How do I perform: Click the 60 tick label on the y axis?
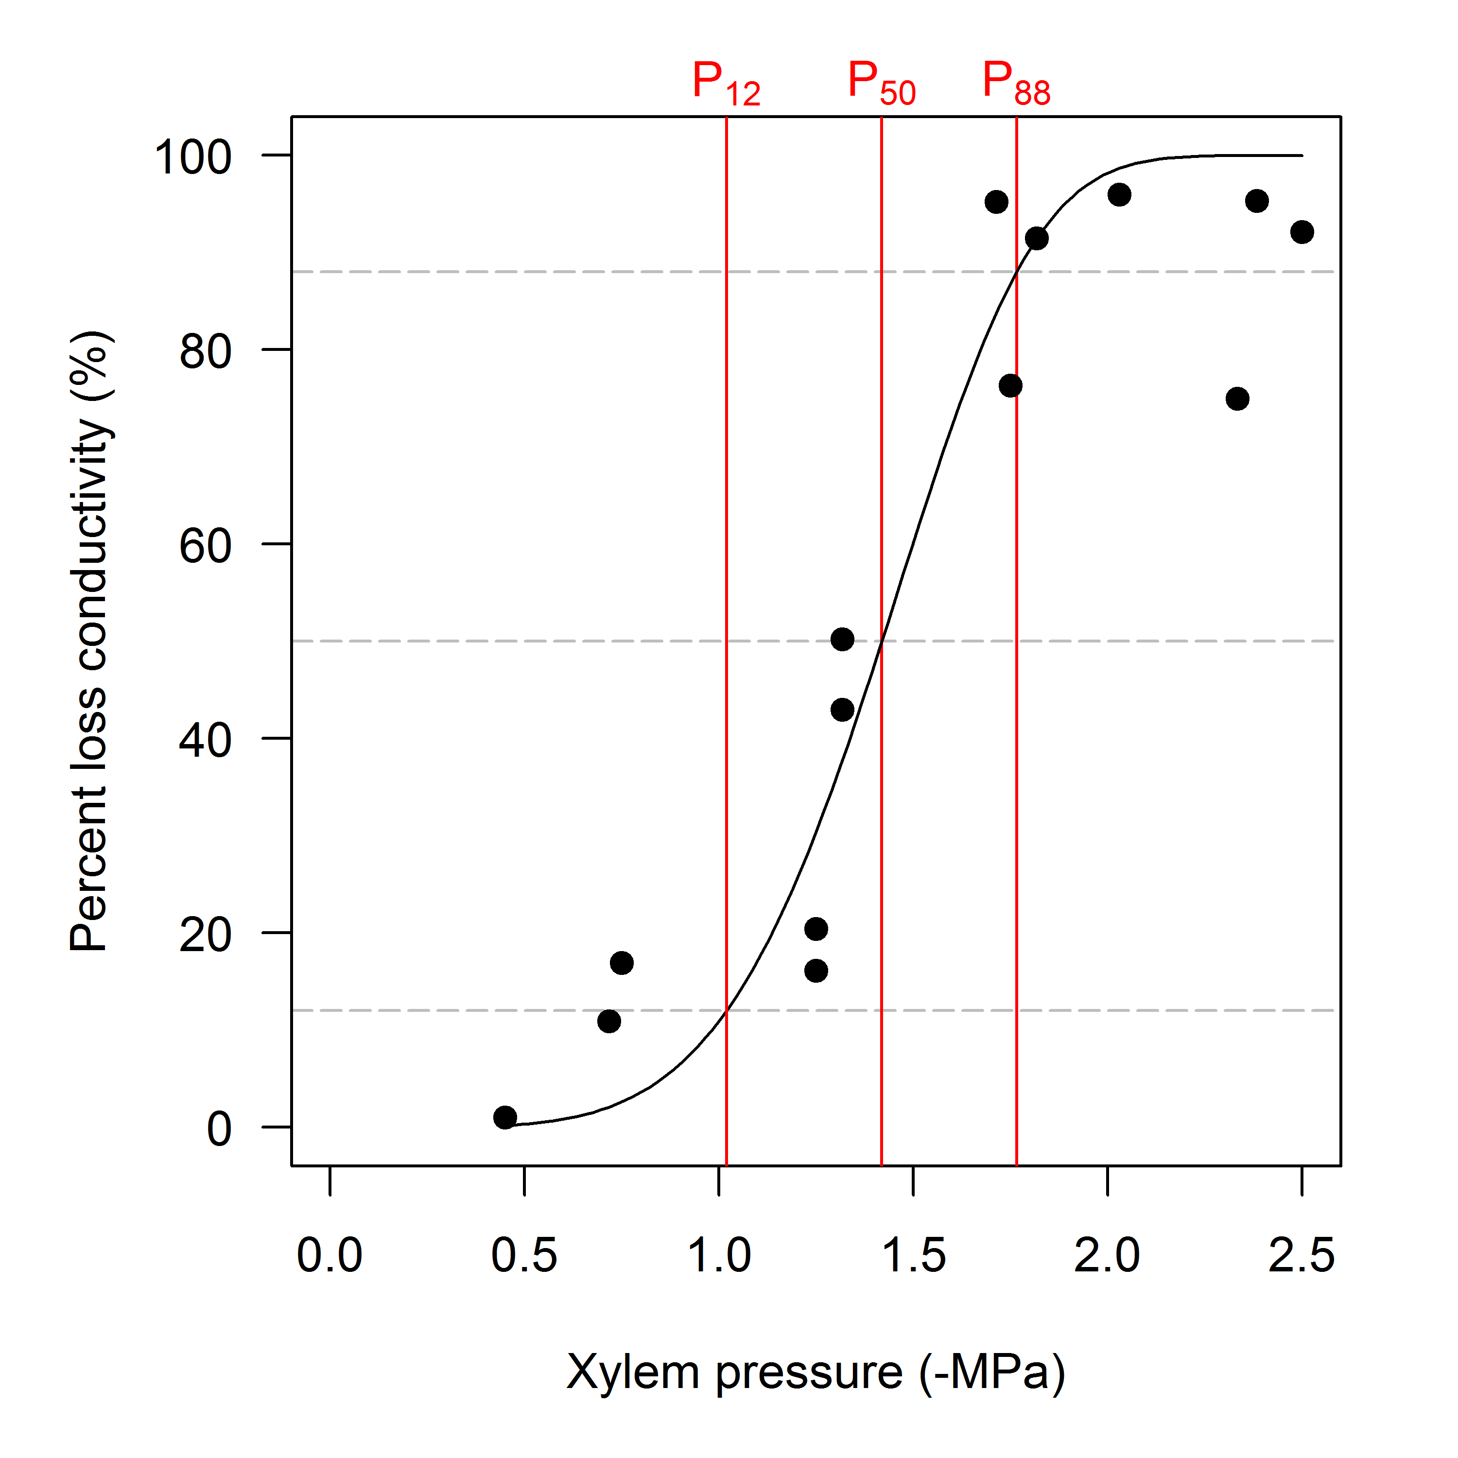205,546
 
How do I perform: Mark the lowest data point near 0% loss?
505,1117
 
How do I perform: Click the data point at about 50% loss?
842,639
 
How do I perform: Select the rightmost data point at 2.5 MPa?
1302,232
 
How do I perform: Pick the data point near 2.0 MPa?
1119,195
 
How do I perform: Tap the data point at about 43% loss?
842,710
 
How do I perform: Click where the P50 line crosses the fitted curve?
882,641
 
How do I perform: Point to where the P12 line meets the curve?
726,1010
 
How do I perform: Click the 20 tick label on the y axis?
205,935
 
